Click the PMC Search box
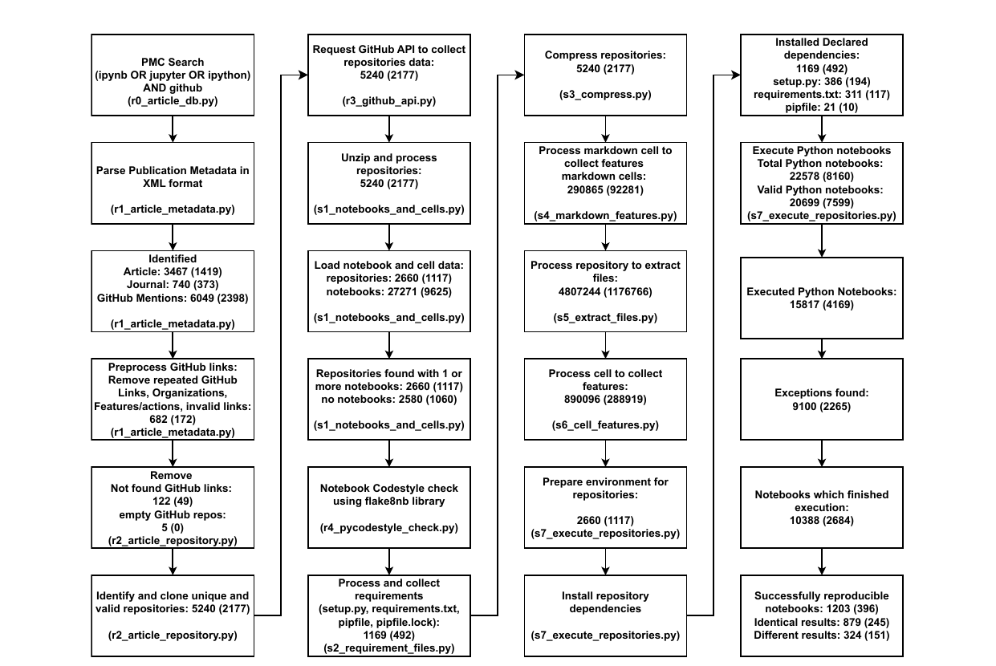pyautogui.click(x=173, y=75)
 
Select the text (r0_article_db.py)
pyautogui.click(x=173, y=101)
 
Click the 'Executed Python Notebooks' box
pyautogui.click(x=821, y=298)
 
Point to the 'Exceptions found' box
pyautogui.click(x=821, y=400)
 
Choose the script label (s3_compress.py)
pyautogui.click(x=605, y=95)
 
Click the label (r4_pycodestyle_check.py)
pyautogui.click(x=389, y=528)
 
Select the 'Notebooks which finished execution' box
pyautogui.click(x=821, y=507)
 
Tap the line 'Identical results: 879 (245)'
pyautogui.click(x=821, y=622)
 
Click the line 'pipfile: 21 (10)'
pyautogui.click(x=821, y=108)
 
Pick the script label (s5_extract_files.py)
pyautogui.click(x=605, y=318)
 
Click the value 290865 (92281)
pyautogui.click(x=605, y=190)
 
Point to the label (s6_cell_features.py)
pyautogui.click(x=605, y=425)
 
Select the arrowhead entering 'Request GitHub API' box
pyautogui.click(x=303, y=75)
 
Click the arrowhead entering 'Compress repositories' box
pyautogui.click(x=519, y=75)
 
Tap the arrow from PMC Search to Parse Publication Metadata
pyautogui.click(x=173, y=129)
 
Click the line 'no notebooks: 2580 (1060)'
pyautogui.click(x=389, y=400)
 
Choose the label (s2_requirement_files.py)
pyautogui.click(x=389, y=648)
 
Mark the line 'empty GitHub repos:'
pyautogui.click(x=173, y=515)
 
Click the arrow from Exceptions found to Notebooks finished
pyautogui.click(x=821, y=453)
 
